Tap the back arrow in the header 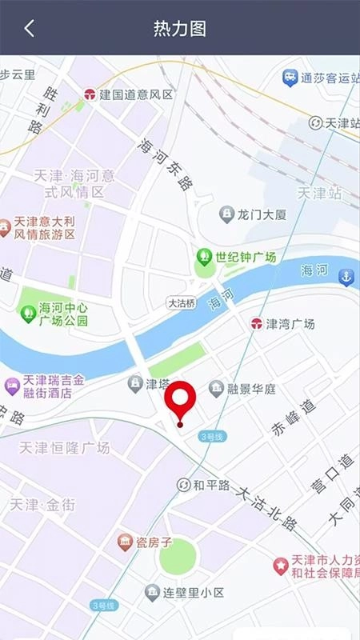(x=29, y=29)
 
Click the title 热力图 (x=180, y=29)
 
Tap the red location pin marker (x=180, y=402)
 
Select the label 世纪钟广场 (x=246, y=257)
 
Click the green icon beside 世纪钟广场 (x=204, y=257)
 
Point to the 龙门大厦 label (x=262, y=214)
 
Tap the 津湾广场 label (x=290, y=324)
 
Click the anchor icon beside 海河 (x=346, y=278)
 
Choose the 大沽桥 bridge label (x=181, y=303)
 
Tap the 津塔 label (x=157, y=384)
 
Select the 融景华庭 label (x=251, y=390)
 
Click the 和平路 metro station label (x=211, y=486)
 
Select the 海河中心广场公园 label (x=63, y=314)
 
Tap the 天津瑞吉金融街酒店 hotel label (x=58, y=386)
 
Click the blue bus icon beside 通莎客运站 (x=290, y=78)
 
